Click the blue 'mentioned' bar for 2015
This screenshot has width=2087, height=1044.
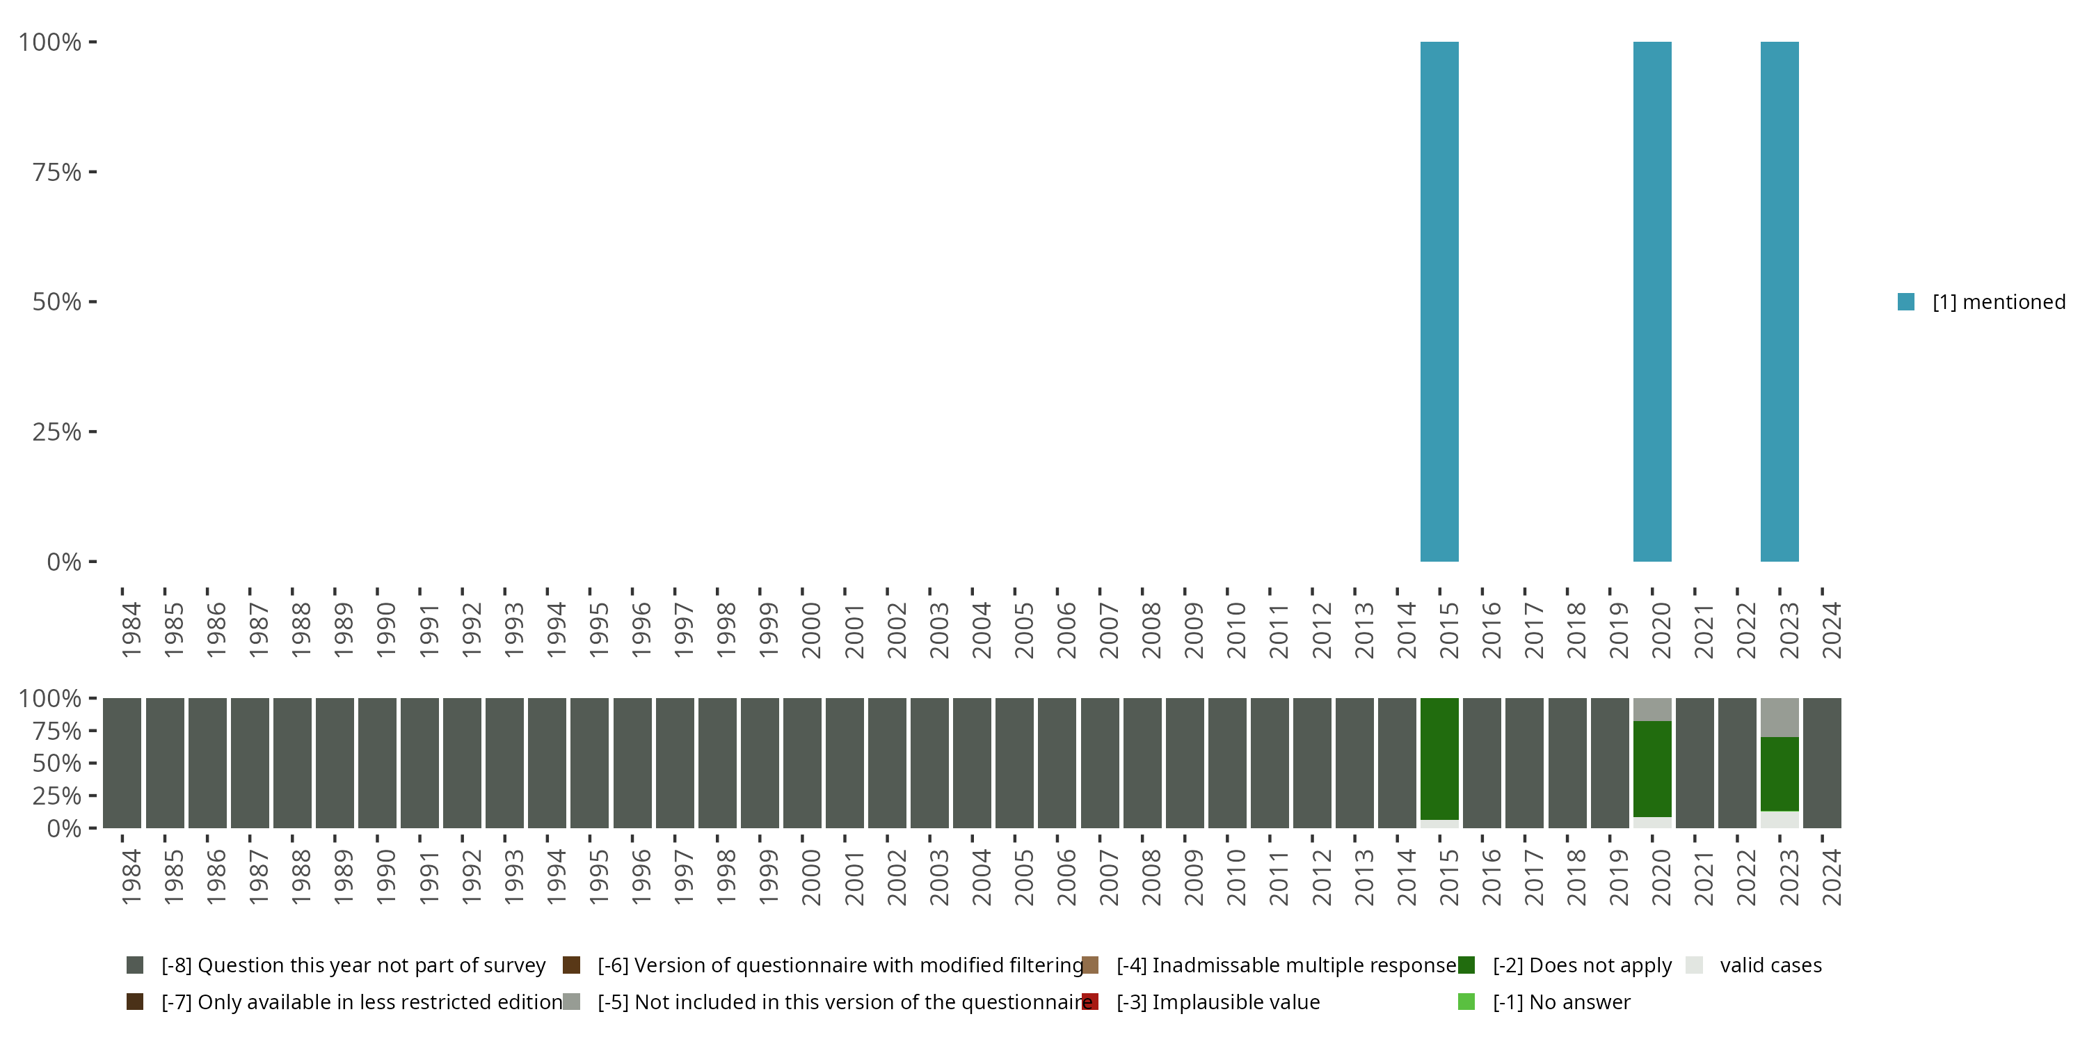[x=1439, y=301]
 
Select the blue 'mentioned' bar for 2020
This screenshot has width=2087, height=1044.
[x=1652, y=301]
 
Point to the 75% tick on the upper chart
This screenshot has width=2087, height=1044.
[x=57, y=172]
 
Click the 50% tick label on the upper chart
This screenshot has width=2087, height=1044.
[x=57, y=302]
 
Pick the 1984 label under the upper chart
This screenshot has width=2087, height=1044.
[x=131, y=630]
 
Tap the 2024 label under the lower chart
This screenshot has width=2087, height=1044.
[x=1830, y=877]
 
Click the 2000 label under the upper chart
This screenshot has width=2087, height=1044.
[x=810, y=630]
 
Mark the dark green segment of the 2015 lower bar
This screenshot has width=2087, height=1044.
[x=1439, y=759]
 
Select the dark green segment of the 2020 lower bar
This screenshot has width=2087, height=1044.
[x=1652, y=768]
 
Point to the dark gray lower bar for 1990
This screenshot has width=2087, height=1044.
[x=378, y=763]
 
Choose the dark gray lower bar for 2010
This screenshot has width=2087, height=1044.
[x=1226, y=763]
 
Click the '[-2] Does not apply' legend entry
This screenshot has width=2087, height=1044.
[x=1581, y=965]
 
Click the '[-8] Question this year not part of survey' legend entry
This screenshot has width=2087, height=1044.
[x=353, y=965]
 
